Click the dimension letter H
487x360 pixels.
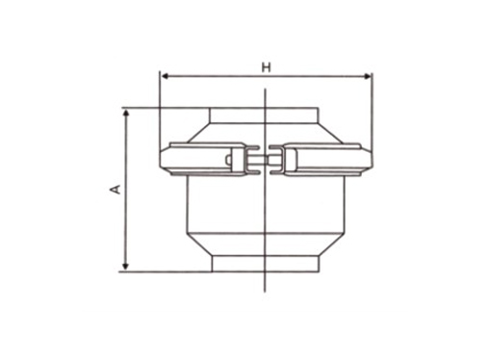tap(266, 67)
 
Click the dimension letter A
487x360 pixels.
tap(115, 189)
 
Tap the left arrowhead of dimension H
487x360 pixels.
tap(166, 76)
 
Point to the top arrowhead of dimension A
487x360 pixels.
tap(126, 113)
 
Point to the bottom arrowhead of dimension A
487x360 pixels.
tap(126, 266)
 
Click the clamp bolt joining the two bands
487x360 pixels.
tap(265, 160)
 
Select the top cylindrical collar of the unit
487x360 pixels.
tap(264, 116)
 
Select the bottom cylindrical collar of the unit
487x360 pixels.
tap(266, 264)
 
